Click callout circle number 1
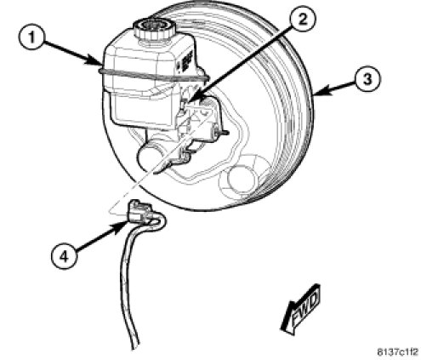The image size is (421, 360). (31, 37)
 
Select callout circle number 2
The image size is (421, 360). (303, 20)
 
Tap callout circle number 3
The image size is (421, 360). (367, 78)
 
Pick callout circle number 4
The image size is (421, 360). (64, 257)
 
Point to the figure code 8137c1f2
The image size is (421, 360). (397, 352)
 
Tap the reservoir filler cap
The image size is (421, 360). (155, 30)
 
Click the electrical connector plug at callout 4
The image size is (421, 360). (139, 212)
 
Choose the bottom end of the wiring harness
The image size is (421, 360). (136, 346)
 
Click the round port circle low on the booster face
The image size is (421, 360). (241, 180)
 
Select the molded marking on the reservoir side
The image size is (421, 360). (185, 60)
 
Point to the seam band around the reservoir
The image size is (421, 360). (153, 75)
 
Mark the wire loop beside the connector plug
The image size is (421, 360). (159, 221)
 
